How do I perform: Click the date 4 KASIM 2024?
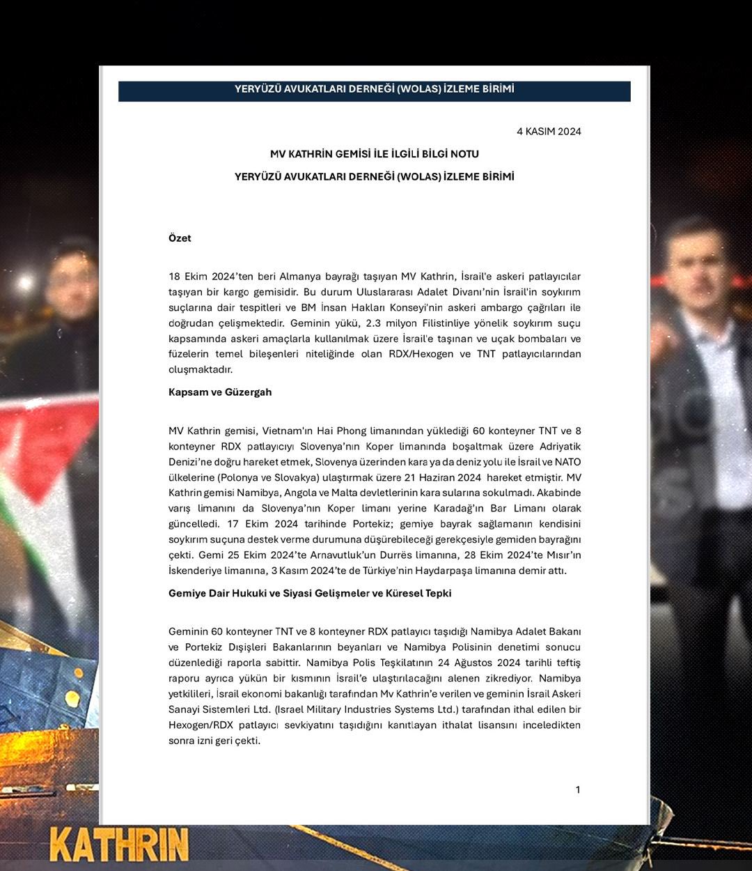tap(548, 131)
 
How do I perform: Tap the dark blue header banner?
tap(374, 91)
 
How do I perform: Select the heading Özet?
tap(180, 238)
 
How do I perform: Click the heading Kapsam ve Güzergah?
tap(220, 392)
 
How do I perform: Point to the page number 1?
tap(577, 789)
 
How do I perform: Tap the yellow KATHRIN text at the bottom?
tap(119, 845)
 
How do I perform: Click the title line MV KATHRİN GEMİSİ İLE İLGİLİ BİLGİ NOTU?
tap(374, 154)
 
